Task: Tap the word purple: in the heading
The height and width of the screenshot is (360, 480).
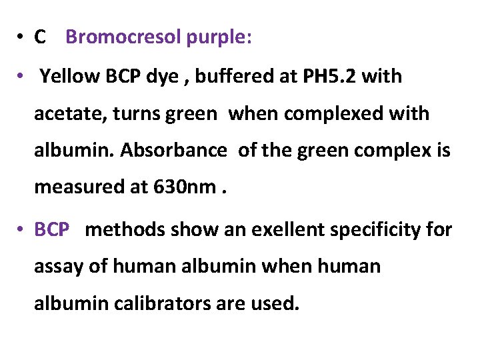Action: [x=219, y=39]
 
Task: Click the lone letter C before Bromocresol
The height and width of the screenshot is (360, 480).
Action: [x=40, y=38]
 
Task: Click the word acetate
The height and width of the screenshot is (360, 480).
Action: [x=66, y=114]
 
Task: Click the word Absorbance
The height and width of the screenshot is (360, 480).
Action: [x=174, y=151]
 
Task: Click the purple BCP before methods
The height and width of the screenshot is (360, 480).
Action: [x=52, y=230]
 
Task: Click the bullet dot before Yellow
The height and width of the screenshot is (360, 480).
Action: [x=22, y=76]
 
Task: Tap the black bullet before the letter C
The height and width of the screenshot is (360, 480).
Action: [x=22, y=37]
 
